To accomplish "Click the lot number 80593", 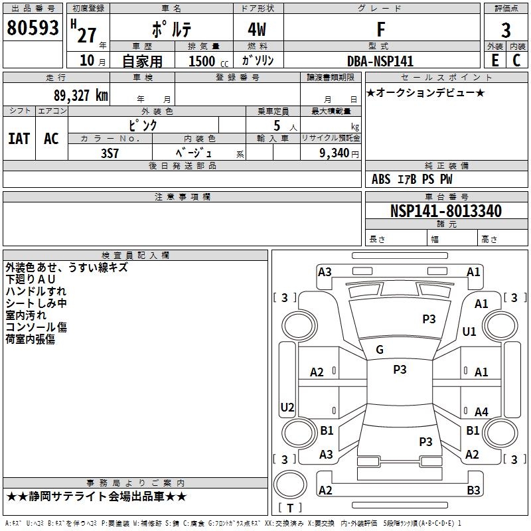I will coord(33,29).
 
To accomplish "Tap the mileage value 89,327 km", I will coord(81,96).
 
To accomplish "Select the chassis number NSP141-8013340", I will coord(445,211).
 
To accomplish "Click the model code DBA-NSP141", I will coord(380,61).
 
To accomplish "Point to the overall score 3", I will coord(506,30).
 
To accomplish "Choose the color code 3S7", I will coord(110,152).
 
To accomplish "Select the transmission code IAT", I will coord(19,139).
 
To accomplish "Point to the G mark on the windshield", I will coord(380,350).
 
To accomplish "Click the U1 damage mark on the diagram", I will coord(469,332).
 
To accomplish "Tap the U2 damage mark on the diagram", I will coord(287,407).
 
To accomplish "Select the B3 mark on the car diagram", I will coord(473,491).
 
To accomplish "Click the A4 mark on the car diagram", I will coord(481,412).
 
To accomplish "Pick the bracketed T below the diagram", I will coord(290,508).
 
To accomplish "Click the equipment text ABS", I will coord(381,179).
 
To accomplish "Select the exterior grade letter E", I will coord(494,60).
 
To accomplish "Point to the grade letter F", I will coord(380,29).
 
